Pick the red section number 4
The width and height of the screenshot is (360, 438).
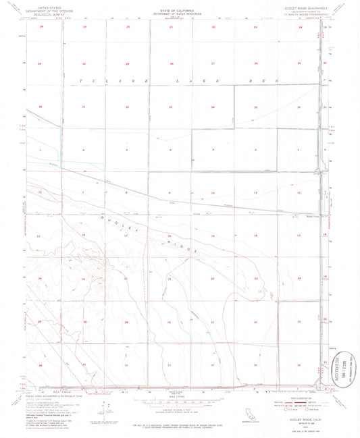(170, 149)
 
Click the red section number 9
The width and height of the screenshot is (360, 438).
(170, 193)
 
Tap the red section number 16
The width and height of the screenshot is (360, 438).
(126, 236)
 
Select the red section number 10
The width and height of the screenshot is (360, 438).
(213, 193)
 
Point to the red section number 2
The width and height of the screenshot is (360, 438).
(255, 149)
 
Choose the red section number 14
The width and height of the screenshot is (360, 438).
(255, 236)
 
